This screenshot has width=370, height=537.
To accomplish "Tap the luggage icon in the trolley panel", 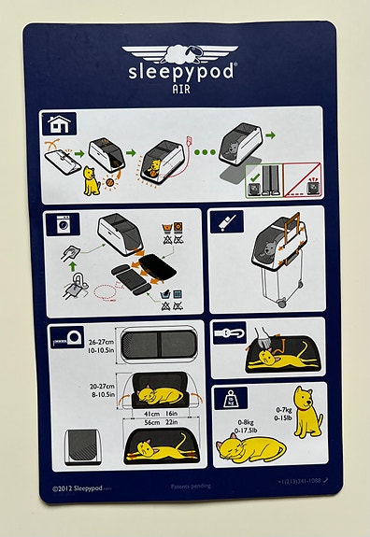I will pyautogui.click(x=226, y=222).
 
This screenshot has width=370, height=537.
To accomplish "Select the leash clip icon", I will pyautogui.click(x=229, y=332).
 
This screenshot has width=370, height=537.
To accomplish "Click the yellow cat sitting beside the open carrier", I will pyautogui.click(x=92, y=180).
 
